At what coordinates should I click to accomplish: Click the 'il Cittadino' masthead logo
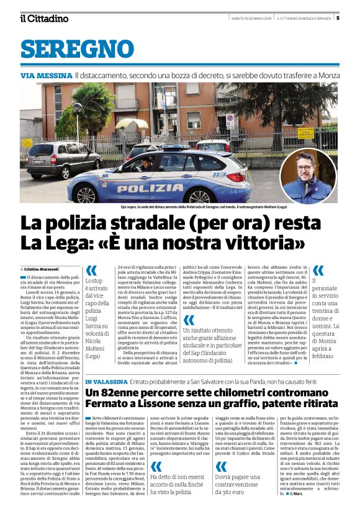tap(44, 18)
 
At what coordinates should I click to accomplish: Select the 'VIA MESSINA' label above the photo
tap(47, 75)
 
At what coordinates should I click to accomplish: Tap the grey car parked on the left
tap(55, 159)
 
